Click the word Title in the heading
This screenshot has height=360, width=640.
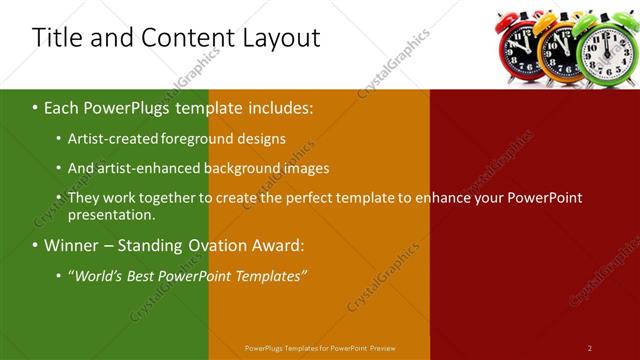tap(56, 38)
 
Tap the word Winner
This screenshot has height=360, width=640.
tap(73, 245)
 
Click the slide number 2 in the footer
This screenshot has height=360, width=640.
tap(589, 347)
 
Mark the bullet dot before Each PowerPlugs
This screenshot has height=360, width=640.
tap(35, 106)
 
